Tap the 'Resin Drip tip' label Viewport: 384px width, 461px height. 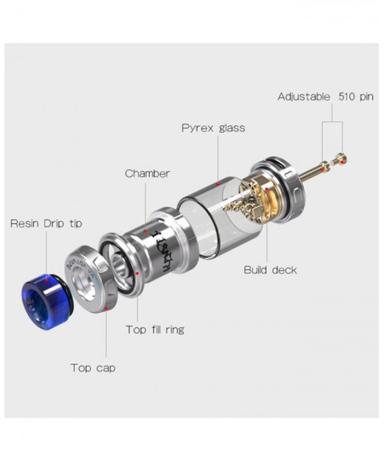click(46, 223)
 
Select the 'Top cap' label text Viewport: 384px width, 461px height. click(93, 368)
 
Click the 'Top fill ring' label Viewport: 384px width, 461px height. click(154, 330)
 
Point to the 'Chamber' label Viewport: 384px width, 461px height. click(147, 174)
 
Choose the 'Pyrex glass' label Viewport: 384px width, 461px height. click(213, 127)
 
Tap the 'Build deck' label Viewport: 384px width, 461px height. click(270, 270)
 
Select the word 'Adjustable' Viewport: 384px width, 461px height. click(301, 97)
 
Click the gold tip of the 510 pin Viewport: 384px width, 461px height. click(344, 159)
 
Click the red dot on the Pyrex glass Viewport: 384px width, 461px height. click(218, 184)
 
